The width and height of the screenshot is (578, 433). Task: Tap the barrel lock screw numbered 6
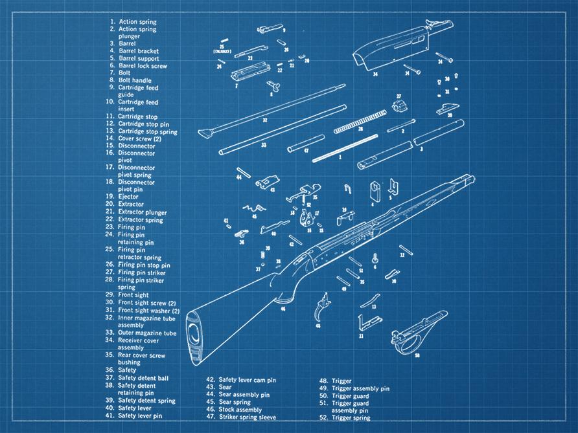pyautogui.click(x=375, y=258)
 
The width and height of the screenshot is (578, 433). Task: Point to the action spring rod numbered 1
pyautogui.click(x=344, y=148)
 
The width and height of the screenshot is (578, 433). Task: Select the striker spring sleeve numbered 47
pyautogui.click(x=306, y=143)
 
